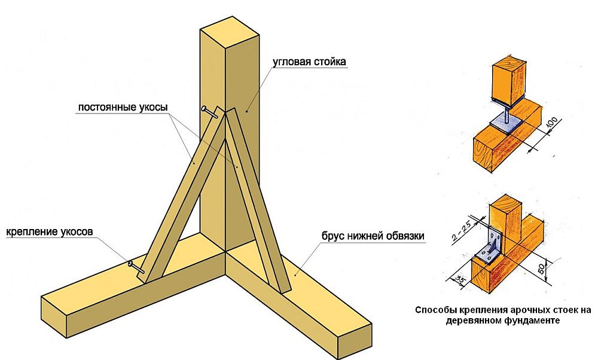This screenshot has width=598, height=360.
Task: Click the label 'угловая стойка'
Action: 310,62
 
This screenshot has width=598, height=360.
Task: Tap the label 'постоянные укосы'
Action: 123,108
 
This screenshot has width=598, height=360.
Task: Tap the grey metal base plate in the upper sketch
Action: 507,122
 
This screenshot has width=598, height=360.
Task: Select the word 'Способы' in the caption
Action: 434,310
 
